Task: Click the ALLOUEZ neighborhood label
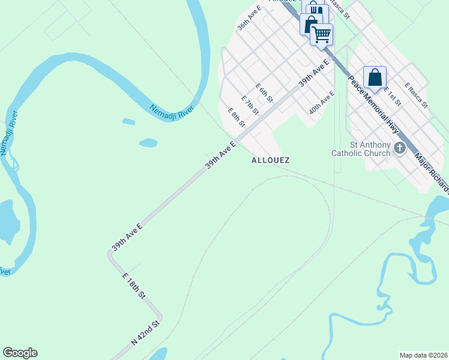pyautogui.click(x=270, y=160)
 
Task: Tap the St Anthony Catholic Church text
pyautogui.click(x=361, y=149)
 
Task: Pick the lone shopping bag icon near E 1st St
pyautogui.click(x=375, y=77)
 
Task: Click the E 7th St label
pyautogui.click(x=250, y=105)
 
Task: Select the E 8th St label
pyautogui.click(x=236, y=118)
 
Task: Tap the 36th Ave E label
pyautogui.click(x=249, y=20)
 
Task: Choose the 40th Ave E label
pyautogui.click(x=322, y=103)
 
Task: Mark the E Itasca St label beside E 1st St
pyautogui.click(x=416, y=95)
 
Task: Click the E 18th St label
pyautogui.click(x=134, y=286)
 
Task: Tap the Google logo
pyautogui.click(x=20, y=353)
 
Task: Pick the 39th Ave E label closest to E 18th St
pyautogui.click(x=127, y=237)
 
